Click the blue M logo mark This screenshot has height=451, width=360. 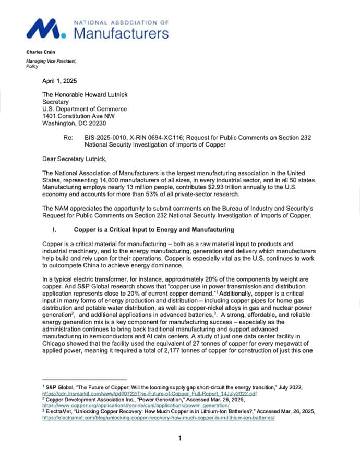pos(46,29)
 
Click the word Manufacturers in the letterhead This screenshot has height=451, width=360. pos(121,34)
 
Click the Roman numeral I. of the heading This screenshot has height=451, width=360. pos(55,230)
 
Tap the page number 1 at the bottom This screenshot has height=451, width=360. pos(179,438)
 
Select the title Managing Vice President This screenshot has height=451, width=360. pos(51,62)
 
